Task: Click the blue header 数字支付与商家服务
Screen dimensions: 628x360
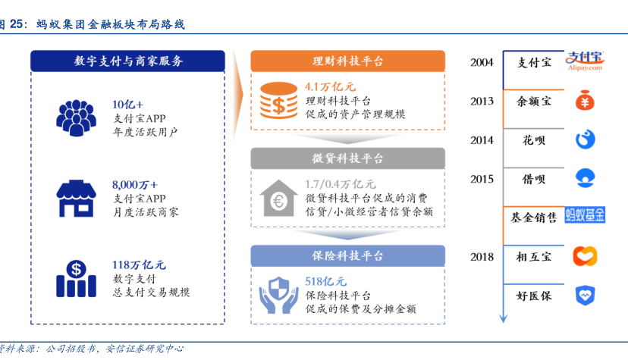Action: (127, 61)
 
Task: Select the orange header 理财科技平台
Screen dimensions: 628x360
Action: (347, 61)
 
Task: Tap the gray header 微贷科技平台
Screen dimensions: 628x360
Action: (347, 158)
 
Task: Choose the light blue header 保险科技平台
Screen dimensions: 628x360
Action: (347, 255)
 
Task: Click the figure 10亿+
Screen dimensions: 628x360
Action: (127, 105)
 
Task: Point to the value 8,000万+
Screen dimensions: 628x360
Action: (135, 184)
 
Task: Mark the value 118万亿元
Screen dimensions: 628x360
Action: (139, 265)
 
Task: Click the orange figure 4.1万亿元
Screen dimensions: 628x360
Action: (331, 86)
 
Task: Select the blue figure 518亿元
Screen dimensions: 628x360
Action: (325, 282)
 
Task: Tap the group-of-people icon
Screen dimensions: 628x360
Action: (76, 118)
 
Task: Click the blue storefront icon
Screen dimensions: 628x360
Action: (76, 199)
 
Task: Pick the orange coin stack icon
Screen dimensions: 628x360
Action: (279, 100)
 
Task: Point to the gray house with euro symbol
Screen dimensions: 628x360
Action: (279, 199)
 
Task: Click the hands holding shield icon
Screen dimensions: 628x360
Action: (279, 296)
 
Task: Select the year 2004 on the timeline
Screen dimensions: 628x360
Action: (482, 62)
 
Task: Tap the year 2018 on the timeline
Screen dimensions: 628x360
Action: (482, 257)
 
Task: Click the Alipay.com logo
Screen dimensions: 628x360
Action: (585, 61)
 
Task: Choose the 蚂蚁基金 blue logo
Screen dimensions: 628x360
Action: (585, 215)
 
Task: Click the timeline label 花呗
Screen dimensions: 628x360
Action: (534, 140)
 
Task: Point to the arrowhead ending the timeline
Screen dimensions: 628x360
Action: (504, 318)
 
